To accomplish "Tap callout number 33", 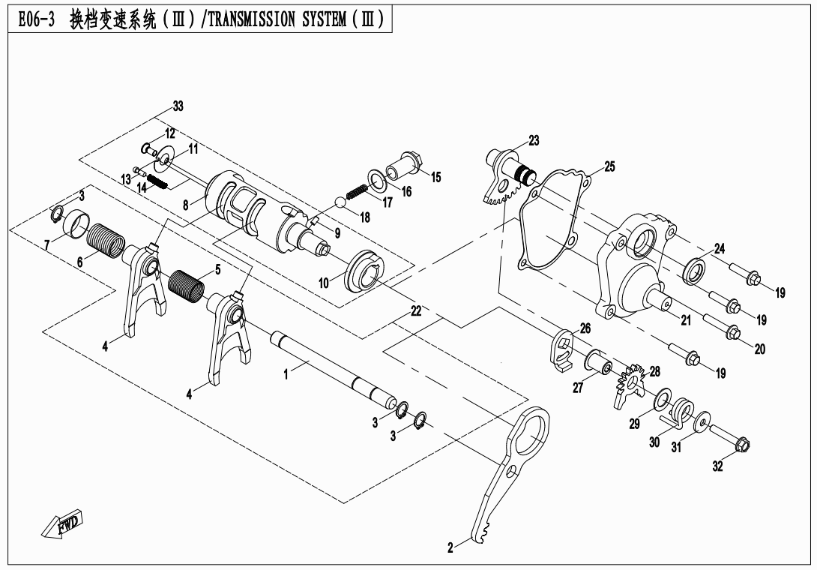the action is [178, 106].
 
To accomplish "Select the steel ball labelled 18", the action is [340, 202].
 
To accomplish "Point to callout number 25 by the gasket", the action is [609, 166].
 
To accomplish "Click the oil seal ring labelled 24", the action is [695, 270].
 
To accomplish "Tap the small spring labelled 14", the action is [157, 181].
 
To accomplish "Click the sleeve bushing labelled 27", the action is [600, 364].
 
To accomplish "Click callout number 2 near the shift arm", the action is [450, 547].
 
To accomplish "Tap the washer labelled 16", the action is [377, 178].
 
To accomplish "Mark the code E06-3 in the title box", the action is [36, 19].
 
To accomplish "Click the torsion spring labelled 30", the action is [678, 412].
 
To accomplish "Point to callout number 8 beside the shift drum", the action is [185, 205].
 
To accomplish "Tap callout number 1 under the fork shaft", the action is [286, 374].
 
